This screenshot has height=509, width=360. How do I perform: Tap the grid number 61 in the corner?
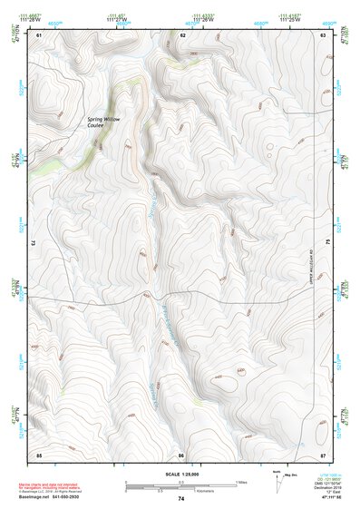coord(39,34)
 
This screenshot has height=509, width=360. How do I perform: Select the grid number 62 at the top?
coord(183,34)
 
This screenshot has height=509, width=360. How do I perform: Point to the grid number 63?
coord(324,34)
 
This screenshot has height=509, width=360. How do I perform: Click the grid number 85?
coord(39,454)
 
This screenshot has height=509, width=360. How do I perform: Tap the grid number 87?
coord(324,454)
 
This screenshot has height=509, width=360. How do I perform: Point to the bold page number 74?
coord(181,499)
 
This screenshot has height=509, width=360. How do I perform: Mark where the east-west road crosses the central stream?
coord(152,296)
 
